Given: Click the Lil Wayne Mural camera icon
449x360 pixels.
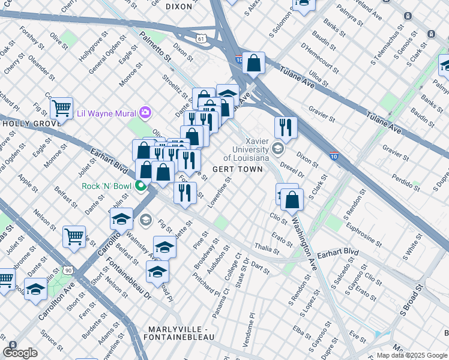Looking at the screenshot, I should click(145, 112).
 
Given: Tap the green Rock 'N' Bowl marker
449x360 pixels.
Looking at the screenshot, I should click(142, 185).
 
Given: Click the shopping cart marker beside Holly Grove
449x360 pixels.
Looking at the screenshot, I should click(61, 109).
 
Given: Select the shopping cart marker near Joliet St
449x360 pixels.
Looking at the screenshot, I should click(74, 236).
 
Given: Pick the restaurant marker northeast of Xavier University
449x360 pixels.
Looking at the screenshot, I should click(286, 127).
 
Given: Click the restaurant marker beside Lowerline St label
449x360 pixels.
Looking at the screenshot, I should click(185, 192).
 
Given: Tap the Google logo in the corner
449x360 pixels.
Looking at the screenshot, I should click(20, 353).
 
